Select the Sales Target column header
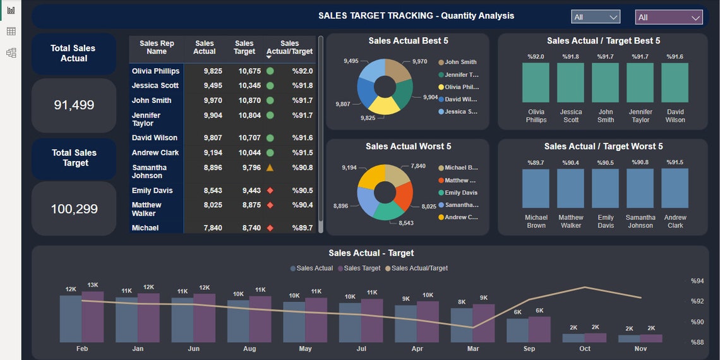click(244, 47)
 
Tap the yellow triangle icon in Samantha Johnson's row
click(270, 168)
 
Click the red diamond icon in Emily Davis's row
click(270, 191)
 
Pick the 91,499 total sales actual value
click(74, 105)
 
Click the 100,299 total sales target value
click(74, 209)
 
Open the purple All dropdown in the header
click(669, 17)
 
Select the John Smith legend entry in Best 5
click(460, 63)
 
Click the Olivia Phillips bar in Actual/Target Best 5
click(536, 83)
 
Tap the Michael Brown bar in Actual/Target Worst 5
click(536, 188)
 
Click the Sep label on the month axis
click(529, 349)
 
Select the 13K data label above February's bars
click(93, 285)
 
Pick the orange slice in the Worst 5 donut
click(404, 194)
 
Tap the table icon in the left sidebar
click(11, 32)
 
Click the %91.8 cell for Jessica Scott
click(302, 86)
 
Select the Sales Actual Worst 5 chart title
click(408, 147)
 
